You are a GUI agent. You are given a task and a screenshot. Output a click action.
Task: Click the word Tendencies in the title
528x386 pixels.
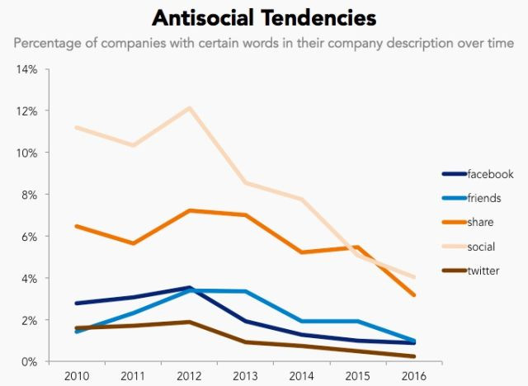(x=315, y=18)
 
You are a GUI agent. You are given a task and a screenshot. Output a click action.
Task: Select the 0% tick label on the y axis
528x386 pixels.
(x=29, y=362)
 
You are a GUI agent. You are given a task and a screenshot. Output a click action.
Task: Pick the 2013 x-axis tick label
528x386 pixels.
(x=245, y=376)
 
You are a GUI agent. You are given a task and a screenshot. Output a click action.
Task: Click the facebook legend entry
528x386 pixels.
(x=490, y=174)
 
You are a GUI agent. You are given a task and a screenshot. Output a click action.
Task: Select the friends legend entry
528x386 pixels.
(x=484, y=198)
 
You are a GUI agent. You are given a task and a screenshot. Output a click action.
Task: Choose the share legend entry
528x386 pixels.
(x=481, y=222)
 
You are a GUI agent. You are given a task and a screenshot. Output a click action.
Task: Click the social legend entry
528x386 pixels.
(x=482, y=246)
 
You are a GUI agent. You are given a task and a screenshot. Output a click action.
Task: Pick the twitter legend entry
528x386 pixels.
(x=483, y=271)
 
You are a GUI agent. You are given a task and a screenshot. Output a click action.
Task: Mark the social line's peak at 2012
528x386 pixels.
(x=189, y=108)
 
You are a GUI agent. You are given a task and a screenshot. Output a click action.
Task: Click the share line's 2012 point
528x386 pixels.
(x=189, y=210)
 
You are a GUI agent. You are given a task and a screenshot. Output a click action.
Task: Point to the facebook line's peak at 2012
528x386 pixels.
(x=189, y=288)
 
